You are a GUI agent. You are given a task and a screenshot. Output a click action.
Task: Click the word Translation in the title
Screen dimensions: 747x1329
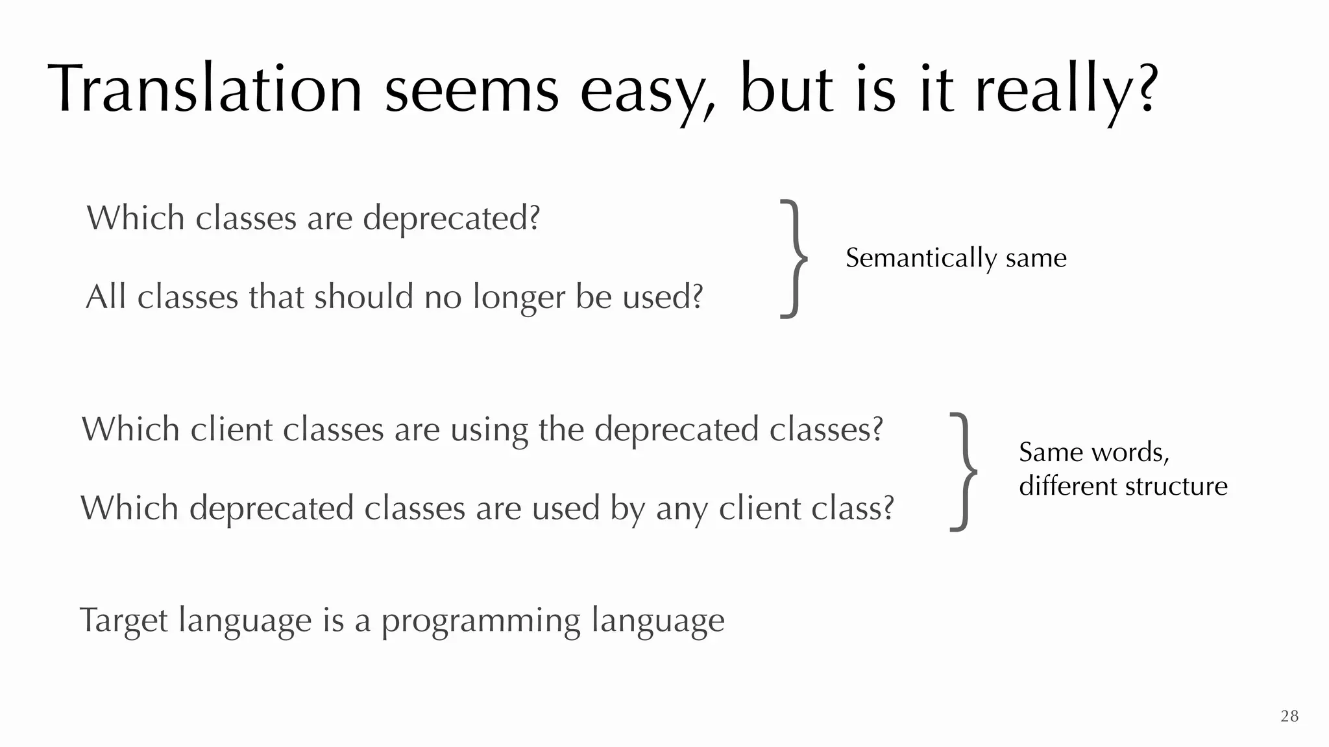[204, 89]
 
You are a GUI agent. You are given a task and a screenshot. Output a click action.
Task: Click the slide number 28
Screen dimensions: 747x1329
[1289, 716]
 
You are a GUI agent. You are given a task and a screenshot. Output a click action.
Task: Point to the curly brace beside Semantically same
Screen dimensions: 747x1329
[794, 259]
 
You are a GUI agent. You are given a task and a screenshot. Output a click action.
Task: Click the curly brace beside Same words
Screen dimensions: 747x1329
[964, 471]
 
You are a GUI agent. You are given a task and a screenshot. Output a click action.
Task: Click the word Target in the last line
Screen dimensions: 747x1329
[123, 621]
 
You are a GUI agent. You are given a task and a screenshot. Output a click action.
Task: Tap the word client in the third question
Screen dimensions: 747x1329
[232, 429]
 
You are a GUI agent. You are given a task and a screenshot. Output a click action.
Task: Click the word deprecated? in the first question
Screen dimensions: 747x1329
[451, 219]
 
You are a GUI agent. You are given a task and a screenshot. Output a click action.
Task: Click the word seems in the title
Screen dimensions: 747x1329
[472, 91]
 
